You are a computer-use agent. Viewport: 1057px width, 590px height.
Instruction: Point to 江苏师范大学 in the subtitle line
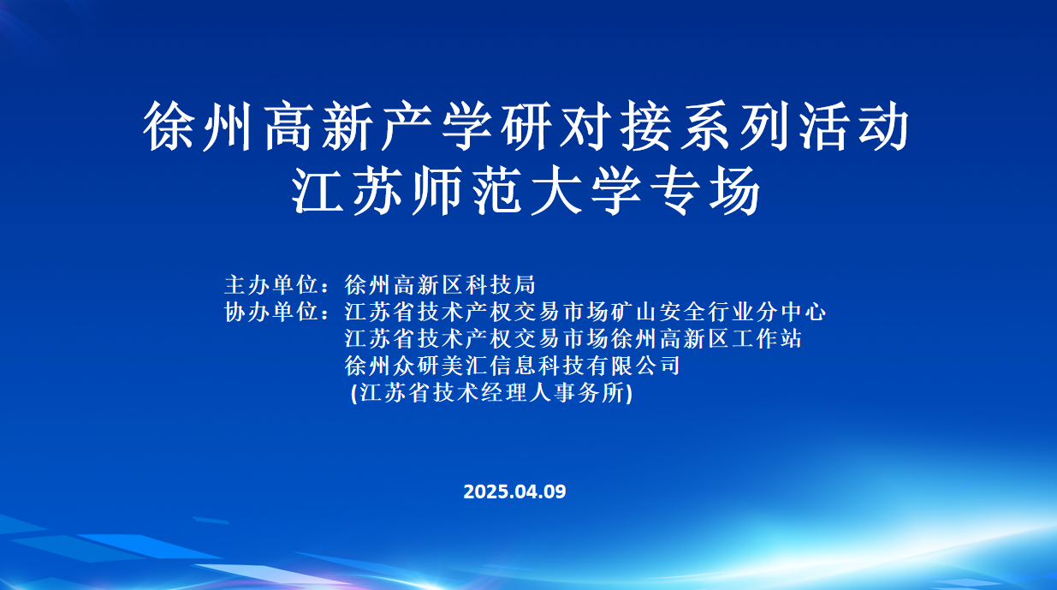(467, 191)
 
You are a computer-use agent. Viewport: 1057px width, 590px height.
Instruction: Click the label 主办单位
(270, 284)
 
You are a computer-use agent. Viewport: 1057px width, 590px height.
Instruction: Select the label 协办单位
(270, 312)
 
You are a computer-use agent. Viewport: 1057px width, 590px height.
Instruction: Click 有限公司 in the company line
(633, 366)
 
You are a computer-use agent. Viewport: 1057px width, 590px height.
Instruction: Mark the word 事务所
(589, 392)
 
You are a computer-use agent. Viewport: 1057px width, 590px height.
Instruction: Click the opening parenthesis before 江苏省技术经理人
(354, 393)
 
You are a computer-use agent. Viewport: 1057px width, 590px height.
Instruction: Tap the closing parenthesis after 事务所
(628, 393)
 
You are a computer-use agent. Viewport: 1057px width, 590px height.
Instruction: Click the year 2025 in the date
(487, 492)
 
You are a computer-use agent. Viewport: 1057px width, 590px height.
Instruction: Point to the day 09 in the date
(555, 492)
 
